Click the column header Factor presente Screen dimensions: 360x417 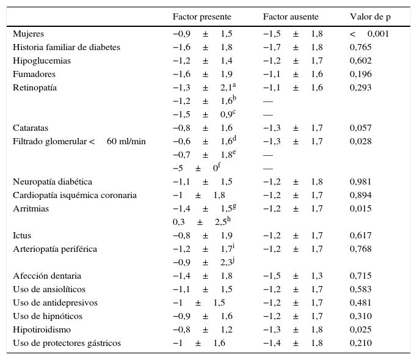coord(201,17)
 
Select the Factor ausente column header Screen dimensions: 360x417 coord(291,17)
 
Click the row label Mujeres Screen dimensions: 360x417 coord(28,34)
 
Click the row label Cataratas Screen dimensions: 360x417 coord(31,128)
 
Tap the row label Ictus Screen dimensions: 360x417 coord(22,235)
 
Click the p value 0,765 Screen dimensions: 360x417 coord(360,47)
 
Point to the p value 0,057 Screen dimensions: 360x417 coord(360,128)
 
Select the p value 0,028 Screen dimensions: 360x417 coord(360,141)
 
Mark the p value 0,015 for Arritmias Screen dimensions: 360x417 coord(360,208)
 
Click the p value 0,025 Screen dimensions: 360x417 coord(360,329)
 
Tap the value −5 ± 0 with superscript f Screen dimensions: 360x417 coord(197,168)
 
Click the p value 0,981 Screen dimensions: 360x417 coord(360,182)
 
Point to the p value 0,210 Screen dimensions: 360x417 coord(360,343)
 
